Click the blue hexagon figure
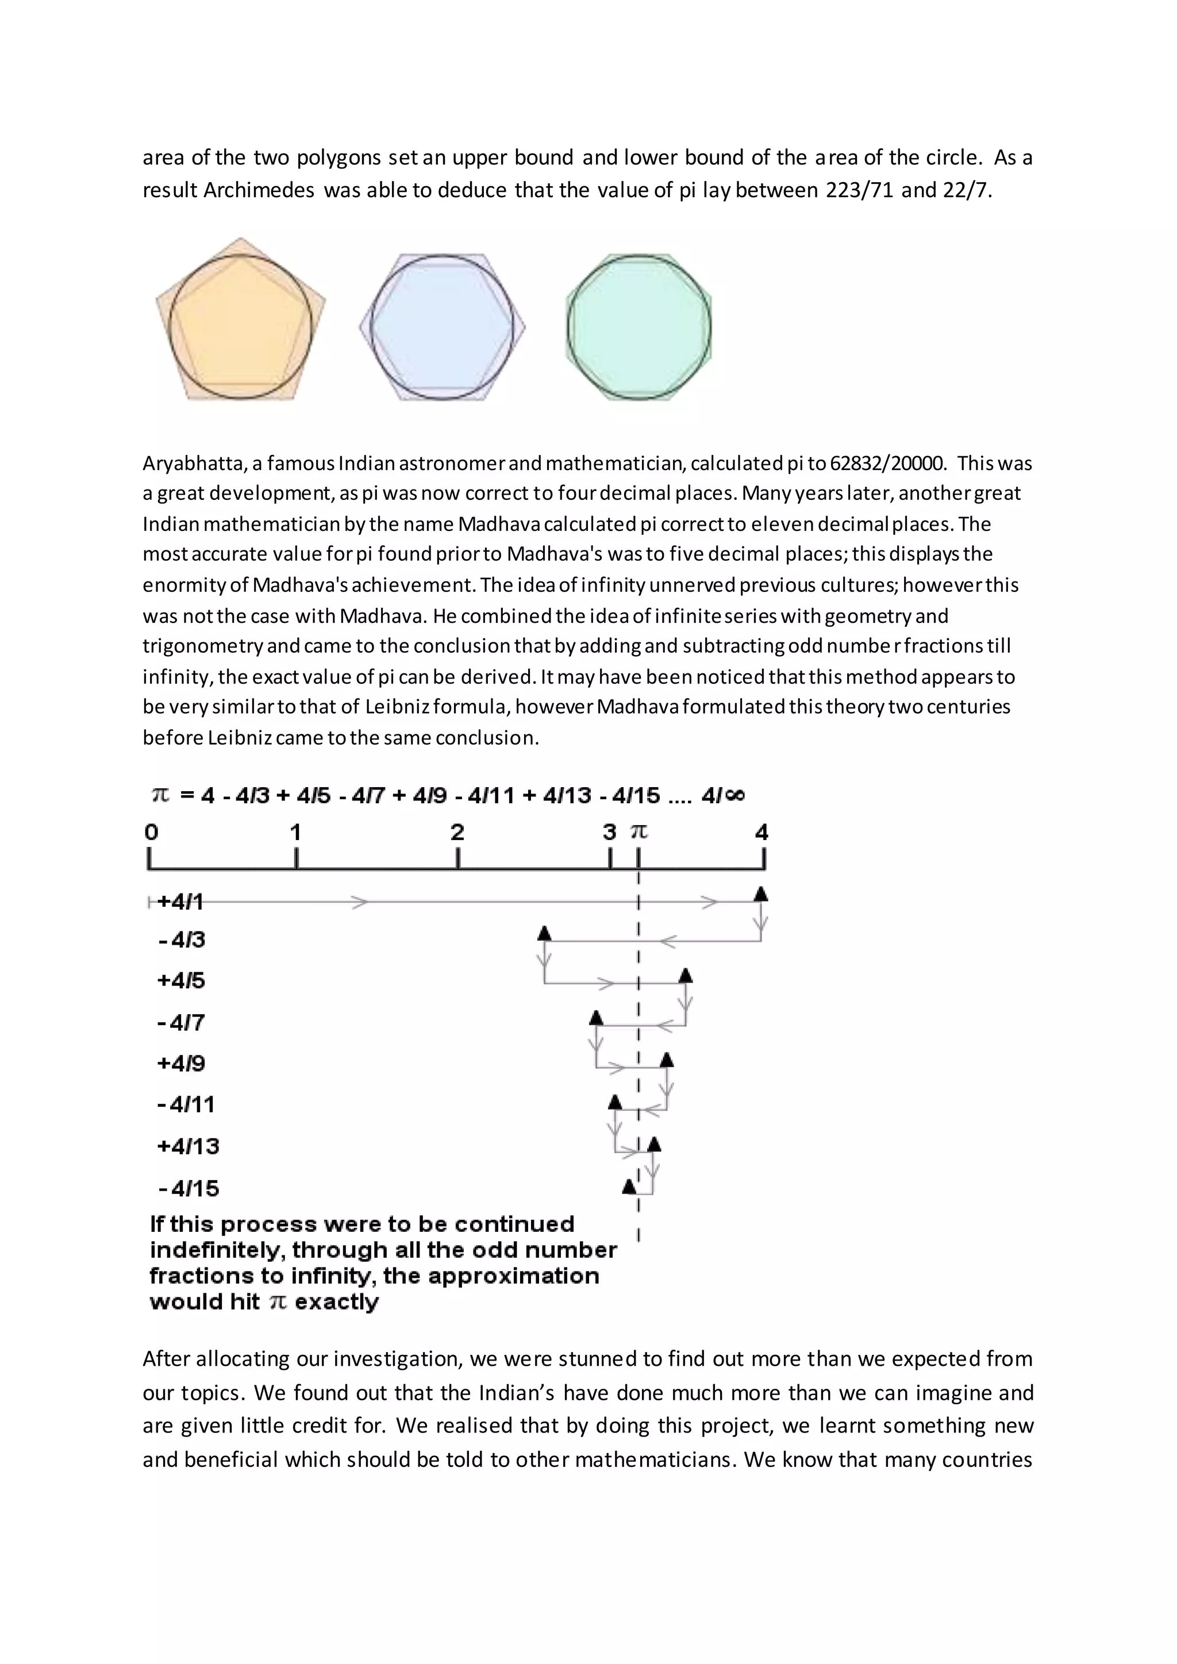point(442,326)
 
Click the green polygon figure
point(638,326)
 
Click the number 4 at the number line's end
point(761,832)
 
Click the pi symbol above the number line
point(638,832)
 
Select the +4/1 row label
point(180,902)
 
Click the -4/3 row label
point(182,940)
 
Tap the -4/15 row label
point(189,1189)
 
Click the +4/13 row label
point(189,1146)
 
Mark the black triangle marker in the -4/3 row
point(544,933)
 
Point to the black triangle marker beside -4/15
point(629,1187)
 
